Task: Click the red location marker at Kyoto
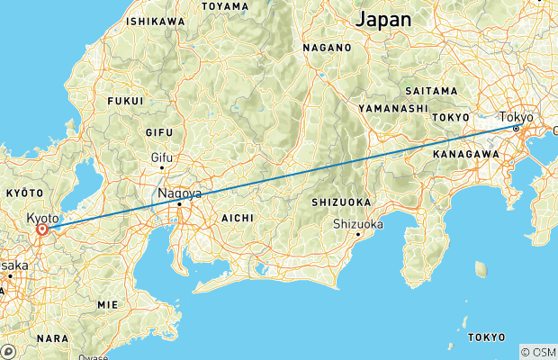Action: [x=42, y=229]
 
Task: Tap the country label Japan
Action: [x=383, y=19]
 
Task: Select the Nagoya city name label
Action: [x=179, y=193]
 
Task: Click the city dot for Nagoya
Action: [x=179, y=204]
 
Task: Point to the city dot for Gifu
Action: [x=161, y=167]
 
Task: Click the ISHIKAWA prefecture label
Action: [x=156, y=21]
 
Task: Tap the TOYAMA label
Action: [x=225, y=6]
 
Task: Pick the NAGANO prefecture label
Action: [x=325, y=48]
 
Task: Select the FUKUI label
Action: [x=125, y=101]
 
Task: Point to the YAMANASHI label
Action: [x=391, y=108]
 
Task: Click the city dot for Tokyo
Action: [x=516, y=129]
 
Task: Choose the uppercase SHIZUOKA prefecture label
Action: [x=340, y=202]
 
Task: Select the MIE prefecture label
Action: [x=107, y=304]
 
